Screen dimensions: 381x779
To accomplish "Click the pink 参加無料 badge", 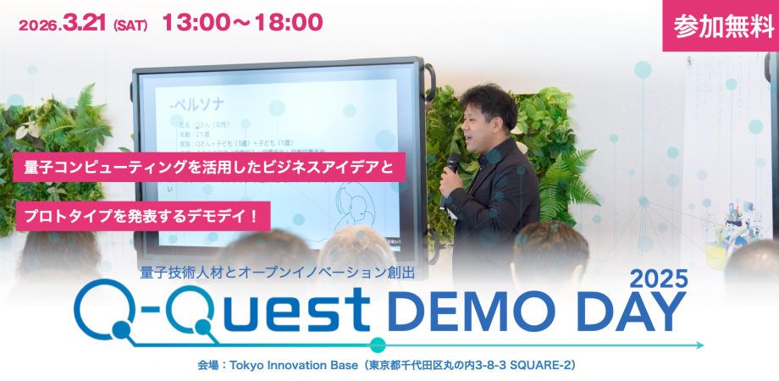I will point(721,25).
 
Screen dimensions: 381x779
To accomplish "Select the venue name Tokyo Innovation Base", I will point(287,366).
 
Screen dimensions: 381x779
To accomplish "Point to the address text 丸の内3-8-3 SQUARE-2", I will point(500,366).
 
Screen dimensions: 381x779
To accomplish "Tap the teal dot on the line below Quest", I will point(378,345).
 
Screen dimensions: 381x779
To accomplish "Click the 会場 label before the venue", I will point(207,366).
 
